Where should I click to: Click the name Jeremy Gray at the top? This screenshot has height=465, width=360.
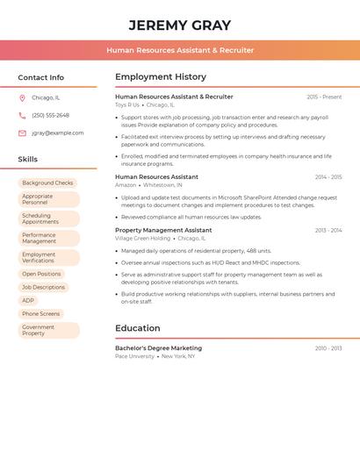click(180, 25)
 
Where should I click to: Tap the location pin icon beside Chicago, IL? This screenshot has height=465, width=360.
click(22, 98)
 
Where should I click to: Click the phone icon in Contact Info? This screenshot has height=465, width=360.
click(22, 115)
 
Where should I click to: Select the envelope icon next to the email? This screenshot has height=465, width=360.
click(22, 133)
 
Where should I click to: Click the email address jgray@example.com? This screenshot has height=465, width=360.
click(58, 133)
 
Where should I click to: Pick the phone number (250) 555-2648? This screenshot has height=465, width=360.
click(50, 115)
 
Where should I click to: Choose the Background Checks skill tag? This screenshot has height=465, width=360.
click(47, 183)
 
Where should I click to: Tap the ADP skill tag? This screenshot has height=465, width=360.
click(28, 301)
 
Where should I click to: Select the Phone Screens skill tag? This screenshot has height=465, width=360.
click(41, 314)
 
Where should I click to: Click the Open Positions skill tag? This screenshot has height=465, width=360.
click(42, 274)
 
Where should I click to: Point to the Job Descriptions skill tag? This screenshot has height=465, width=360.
click(44, 287)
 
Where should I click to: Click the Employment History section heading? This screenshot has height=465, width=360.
click(161, 76)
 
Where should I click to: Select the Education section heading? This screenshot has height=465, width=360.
click(138, 328)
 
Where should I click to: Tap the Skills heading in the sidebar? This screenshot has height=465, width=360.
click(28, 159)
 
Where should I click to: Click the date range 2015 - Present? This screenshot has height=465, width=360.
click(324, 97)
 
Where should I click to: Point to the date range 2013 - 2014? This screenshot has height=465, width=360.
click(328, 231)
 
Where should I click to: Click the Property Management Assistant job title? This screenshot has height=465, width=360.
click(163, 230)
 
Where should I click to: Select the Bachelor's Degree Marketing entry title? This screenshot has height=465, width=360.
click(158, 348)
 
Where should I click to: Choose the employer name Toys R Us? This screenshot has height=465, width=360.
click(127, 104)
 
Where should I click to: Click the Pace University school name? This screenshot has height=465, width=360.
click(134, 356)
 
